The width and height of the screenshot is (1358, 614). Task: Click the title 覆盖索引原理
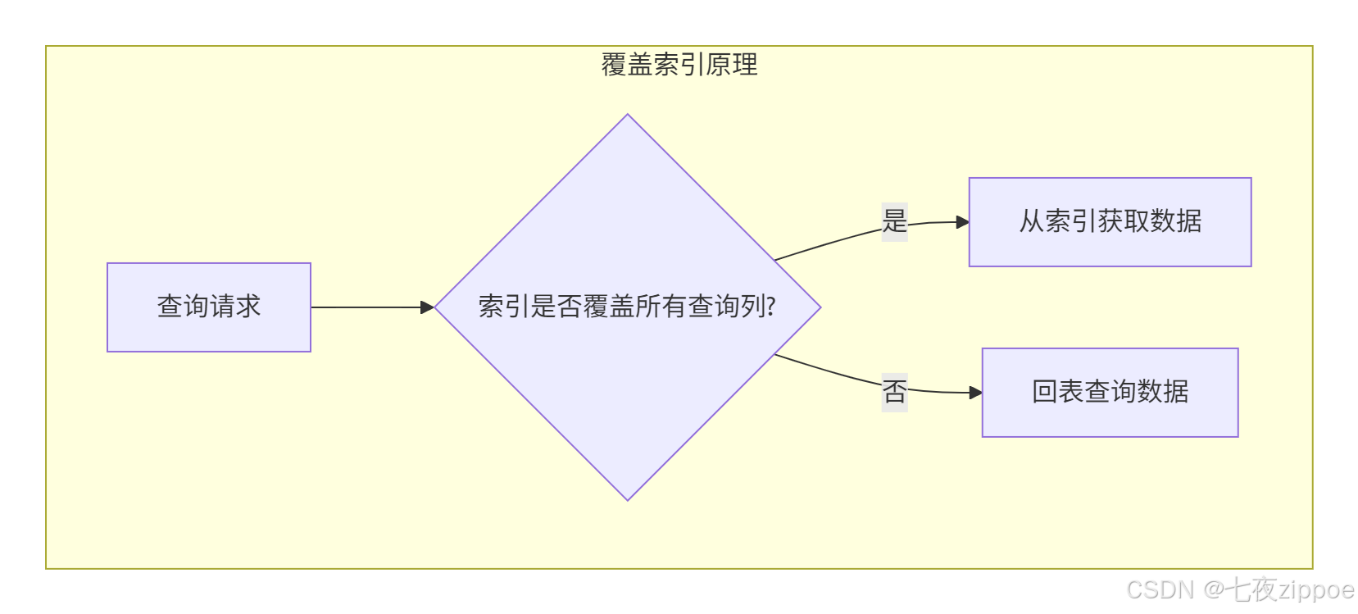[x=679, y=64]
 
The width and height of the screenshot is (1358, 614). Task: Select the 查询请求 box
[x=209, y=307]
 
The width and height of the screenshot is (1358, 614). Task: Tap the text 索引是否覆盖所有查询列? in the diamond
[x=627, y=307]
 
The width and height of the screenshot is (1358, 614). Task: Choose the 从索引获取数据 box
[x=1110, y=222]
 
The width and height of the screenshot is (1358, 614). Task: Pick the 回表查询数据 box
[x=1110, y=393]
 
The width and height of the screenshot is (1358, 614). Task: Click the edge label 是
[x=894, y=221]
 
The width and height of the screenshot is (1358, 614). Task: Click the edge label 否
[x=894, y=391]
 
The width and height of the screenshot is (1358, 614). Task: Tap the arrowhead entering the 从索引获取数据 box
[x=963, y=222]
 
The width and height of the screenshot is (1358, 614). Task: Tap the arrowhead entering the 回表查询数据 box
[x=976, y=393]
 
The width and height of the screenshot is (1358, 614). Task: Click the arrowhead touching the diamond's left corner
[x=427, y=307]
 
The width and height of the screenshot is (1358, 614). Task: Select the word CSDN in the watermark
[x=1160, y=589]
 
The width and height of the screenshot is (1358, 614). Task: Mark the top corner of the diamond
[x=628, y=116]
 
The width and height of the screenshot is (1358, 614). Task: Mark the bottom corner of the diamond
[x=628, y=499]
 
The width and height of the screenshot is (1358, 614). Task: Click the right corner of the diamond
[x=820, y=307]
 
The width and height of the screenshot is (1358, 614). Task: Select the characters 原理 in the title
[x=732, y=64]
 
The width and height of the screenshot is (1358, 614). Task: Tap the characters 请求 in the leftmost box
[x=235, y=307]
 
